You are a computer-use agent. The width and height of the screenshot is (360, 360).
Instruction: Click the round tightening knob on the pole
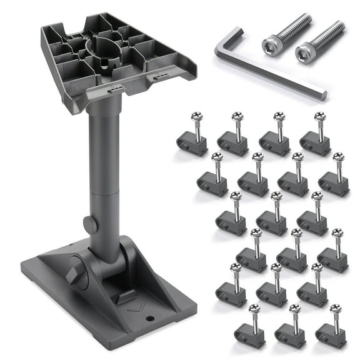[89, 224]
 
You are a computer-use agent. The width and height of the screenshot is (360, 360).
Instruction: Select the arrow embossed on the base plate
[134, 306]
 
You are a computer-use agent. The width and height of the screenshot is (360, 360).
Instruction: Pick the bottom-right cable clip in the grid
[331, 334]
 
